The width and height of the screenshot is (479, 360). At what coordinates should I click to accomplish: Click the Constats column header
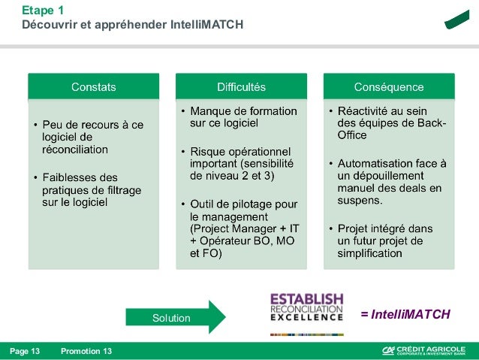pyautogui.click(x=93, y=87)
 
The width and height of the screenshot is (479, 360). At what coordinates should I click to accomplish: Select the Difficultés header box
pyautogui.click(x=241, y=87)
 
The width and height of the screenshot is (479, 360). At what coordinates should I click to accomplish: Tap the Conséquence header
pyautogui.click(x=389, y=87)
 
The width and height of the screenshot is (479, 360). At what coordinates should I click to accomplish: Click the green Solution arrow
pyautogui.click(x=175, y=317)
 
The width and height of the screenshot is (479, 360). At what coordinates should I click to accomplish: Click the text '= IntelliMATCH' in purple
pyautogui.click(x=405, y=314)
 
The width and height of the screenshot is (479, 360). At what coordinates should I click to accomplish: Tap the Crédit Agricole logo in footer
pyautogui.click(x=425, y=351)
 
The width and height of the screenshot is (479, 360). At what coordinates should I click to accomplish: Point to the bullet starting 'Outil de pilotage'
pyautogui.click(x=242, y=228)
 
